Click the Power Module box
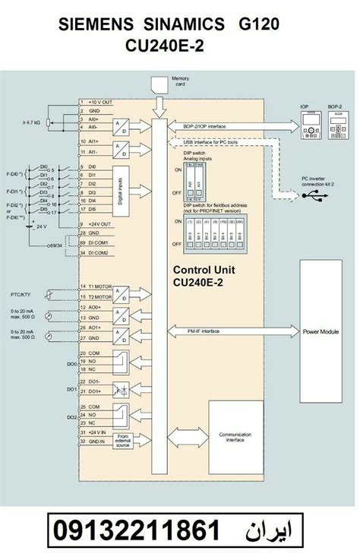[321, 331]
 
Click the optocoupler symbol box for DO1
[121, 389]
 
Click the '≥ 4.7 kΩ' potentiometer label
[32, 122]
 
